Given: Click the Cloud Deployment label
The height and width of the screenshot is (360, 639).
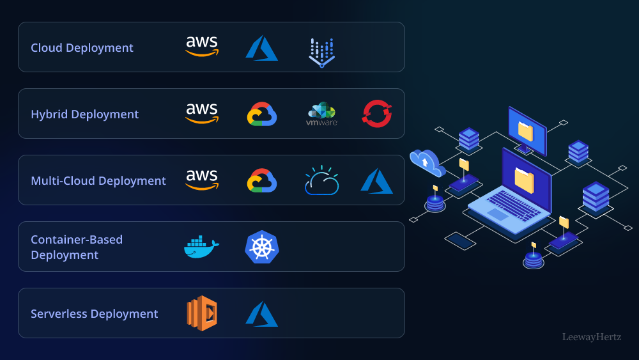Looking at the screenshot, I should pyautogui.click(x=82, y=48).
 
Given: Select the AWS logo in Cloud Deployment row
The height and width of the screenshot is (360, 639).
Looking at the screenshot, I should pyautogui.click(x=202, y=47).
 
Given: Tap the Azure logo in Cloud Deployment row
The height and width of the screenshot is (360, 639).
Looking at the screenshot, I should pyautogui.click(x=261, y=48).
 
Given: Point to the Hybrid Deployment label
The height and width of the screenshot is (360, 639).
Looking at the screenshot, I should pyautogui.click(x=84, y=114).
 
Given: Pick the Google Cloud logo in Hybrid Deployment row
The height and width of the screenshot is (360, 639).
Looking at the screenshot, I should pyautogui.click(x=262, y=114).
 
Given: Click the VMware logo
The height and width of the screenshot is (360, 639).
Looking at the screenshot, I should pyautogui.click(x=321, y=114).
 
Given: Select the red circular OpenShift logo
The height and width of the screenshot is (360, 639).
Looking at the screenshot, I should pyautogui.click(x=377, y=114).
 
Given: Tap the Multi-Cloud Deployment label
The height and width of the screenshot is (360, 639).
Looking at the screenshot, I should pyautogui.click(x=98, y=181).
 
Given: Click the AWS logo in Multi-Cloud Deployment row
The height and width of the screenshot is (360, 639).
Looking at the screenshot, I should pyautogui.click(x=202, y=180).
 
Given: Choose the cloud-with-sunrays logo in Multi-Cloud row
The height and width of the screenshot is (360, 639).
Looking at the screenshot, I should pyautogui.click(x=321, y=181).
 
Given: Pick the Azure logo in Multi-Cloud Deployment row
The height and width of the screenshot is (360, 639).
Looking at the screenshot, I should pyautogui.click(x=376, y=181).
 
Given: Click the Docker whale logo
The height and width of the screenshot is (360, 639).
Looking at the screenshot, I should pyautogui.click(x=201, y=247).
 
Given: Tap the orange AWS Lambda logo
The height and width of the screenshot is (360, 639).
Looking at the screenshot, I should pyautogui.click(x=202, y=313).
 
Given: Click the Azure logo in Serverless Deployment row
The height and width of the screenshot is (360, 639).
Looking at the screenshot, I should pyautogui.click(x=261, y=314).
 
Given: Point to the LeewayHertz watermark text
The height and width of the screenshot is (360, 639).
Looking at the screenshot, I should pyautogui.click(x=592, y=336).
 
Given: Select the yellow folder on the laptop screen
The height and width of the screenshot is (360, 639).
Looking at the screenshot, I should pyautogui.click(x=524, y=180).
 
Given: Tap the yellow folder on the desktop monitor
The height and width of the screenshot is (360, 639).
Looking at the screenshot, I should pyautogui.click(x=525, y=132).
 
